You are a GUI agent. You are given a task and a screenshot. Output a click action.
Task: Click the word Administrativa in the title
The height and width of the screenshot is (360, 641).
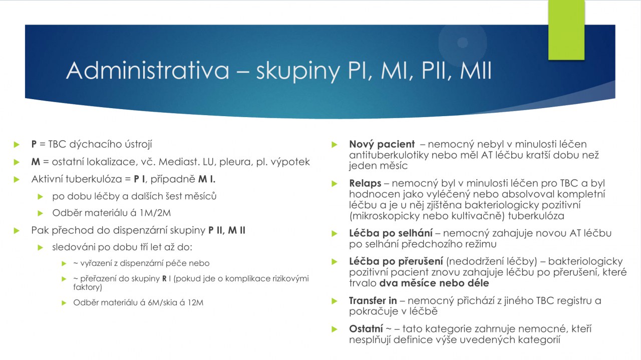[x=148, y=71]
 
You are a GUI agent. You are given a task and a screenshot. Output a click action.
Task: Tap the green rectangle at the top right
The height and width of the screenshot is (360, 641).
[x=566, y=30]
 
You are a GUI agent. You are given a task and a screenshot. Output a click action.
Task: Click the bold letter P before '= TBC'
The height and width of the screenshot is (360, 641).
[x=34, y=144]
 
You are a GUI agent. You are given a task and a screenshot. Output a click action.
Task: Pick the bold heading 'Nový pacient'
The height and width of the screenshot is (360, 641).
[x=382, y=144]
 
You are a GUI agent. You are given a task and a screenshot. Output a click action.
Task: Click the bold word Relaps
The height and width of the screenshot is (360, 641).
[x=365, y=183]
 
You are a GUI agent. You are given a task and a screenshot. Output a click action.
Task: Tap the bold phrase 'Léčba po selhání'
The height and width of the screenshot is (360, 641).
[x=391, y=233]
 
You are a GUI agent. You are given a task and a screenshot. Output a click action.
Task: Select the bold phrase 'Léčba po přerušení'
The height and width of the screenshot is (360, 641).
[x=396, y=261]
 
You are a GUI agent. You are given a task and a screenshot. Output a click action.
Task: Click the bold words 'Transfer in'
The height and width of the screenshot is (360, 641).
[x=373, y=301]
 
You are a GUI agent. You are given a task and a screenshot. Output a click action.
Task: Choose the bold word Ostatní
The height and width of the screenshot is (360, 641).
[x=366, y=329]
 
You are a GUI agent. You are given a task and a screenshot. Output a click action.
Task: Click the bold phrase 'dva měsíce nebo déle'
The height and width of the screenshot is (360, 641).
[x=434, y=283]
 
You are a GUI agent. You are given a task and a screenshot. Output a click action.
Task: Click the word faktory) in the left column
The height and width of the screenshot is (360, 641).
[x=88, y=287]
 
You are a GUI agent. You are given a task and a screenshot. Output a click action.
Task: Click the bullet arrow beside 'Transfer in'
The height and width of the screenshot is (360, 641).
[x=334, y=301]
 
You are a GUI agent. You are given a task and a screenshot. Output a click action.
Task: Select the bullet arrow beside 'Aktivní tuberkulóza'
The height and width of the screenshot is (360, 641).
[x=17, y=180]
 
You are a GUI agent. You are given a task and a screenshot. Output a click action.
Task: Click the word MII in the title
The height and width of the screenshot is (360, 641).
[x=476, y=71]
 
